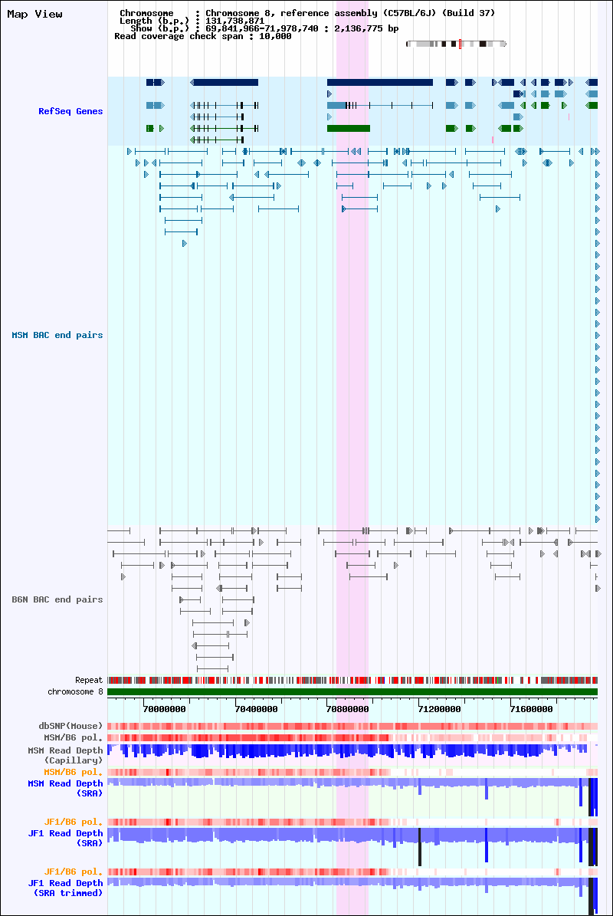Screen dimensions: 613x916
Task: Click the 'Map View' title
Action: pos(34,14)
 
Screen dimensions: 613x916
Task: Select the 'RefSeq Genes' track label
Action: pos(70,111)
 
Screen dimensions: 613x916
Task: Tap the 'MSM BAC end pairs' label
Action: pos(57,335)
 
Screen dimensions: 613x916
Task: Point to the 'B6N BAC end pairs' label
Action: pos(57,599)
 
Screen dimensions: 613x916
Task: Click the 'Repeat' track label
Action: pos(89,680)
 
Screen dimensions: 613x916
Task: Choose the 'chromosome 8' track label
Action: pos(75,691)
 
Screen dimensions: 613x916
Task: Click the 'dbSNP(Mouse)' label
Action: pos(70,726)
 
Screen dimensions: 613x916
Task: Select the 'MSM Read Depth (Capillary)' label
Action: pos(65,755)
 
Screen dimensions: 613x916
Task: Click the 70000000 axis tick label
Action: pos(165,709)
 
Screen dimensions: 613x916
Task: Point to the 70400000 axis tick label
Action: pos(256,709)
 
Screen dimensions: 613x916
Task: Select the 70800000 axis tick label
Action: pos(348,709)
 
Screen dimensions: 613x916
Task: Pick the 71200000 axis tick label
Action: pos(440,709)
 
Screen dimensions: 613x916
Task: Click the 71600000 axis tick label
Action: pos(531,709)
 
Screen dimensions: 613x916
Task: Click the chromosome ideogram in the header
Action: pos(457,44)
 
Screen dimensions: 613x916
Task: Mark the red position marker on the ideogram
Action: pos(460,44)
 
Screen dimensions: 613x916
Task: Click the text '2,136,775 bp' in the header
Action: pos(366,28)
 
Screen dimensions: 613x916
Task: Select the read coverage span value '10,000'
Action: pos(275,36)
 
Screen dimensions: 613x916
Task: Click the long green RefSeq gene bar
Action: pos(349,129)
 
